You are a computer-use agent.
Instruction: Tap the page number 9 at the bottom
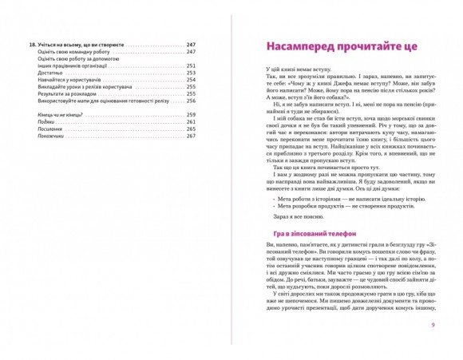click(431, 324)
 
